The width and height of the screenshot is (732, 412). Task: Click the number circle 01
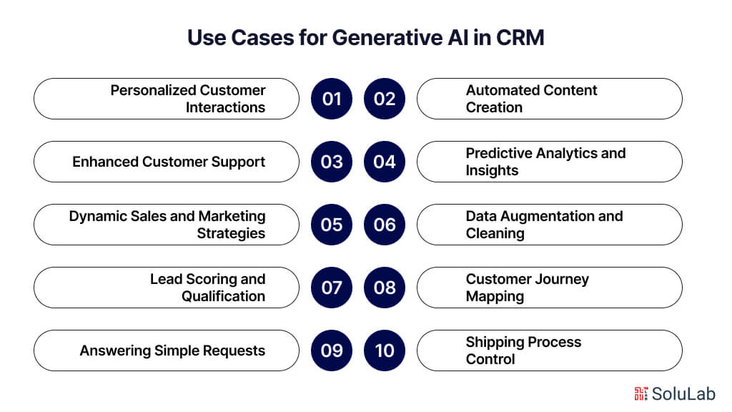click(x=332, y=99)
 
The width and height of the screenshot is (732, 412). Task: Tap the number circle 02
click(x=385, y=99)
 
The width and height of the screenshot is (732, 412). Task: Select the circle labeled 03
click(x=332, y=162)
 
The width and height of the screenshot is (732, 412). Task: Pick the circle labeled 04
click(x=385, y=162)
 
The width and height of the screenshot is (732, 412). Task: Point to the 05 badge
click(x=332, y=225)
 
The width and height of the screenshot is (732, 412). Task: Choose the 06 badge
click(x=385, y=225)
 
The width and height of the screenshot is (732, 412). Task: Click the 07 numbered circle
click(x=332, y=288)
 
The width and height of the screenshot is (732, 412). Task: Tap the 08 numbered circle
click(x=385, y=288)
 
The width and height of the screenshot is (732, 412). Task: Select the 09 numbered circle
click(x=332, y=350)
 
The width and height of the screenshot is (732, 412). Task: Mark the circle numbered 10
click(x=385, y=350)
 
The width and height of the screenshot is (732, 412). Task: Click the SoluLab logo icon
click(x=640, y=393)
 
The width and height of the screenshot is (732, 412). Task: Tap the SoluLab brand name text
click(x=684, y=393)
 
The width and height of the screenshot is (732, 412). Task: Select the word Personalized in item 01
click(x=153, y=91)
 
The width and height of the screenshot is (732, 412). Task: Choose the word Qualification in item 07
click(x=223, y=296)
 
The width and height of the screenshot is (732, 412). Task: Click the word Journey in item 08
click(x=560, y=279)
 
